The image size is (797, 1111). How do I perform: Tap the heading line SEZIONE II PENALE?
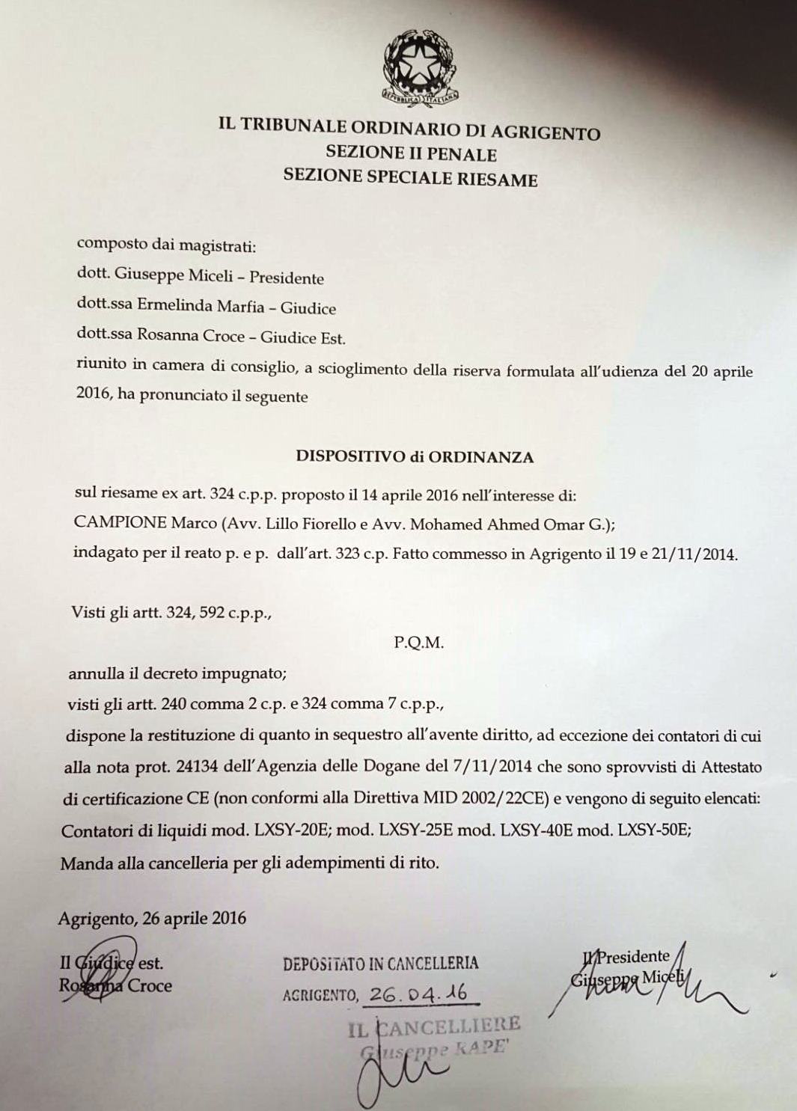411,154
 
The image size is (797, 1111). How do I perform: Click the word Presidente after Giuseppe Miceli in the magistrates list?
287,278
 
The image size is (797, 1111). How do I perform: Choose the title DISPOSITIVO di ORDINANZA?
415,457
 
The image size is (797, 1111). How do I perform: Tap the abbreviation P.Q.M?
418,643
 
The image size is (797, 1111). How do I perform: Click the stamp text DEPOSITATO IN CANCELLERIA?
380,964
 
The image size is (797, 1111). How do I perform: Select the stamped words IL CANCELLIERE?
433,1025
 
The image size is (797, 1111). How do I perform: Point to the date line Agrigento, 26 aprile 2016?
152,918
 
